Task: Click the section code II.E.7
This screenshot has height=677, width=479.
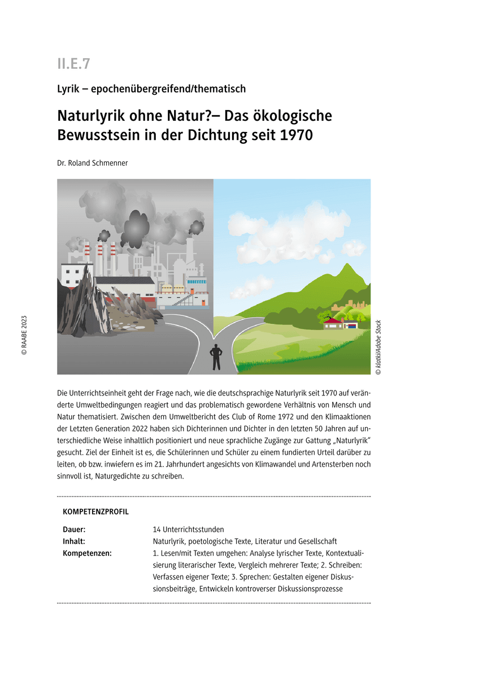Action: click(x=73, y=64)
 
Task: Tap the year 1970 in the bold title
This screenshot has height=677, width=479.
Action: click(x=295, y=136)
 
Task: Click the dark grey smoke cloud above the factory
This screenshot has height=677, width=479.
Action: click(x=136, y=226)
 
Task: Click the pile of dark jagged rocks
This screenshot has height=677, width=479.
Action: click(x=79, y=305)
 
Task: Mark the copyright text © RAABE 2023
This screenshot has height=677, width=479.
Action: click(x=24, y=335)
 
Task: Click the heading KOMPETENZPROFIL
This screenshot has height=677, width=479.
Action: click(x=96, y=512)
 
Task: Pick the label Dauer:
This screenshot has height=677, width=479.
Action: click(x=75, y=530)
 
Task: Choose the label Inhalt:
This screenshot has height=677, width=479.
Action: click(x=74, y=542)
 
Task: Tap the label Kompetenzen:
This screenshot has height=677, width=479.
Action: click(x=88, y=553)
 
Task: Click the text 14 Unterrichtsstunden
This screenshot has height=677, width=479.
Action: click(x=188, y=530)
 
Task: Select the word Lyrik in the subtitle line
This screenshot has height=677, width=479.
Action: click(x=68, y=89)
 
